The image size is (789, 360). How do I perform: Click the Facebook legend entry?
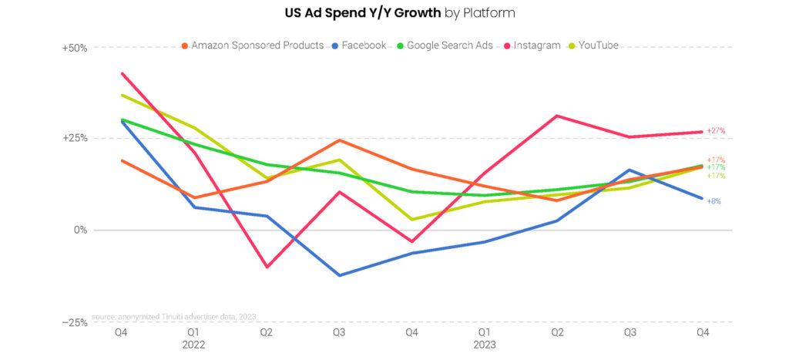point(360,45)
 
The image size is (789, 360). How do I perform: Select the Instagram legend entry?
point(533,45)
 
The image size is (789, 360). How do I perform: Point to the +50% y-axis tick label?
point(75,48)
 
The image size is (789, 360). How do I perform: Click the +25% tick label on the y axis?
point(75,139)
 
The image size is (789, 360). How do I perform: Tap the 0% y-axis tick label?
point(80,230)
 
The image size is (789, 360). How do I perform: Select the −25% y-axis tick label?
point(75,322)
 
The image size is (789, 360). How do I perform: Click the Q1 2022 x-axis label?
point(194,339)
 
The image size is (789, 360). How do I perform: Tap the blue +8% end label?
point(713,201)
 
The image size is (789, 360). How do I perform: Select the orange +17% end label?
point(716,160)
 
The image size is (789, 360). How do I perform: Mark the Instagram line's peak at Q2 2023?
point(557,116)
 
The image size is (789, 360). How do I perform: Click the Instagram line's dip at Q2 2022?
point(267,267)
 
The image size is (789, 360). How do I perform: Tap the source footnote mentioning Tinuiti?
point(173,316)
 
